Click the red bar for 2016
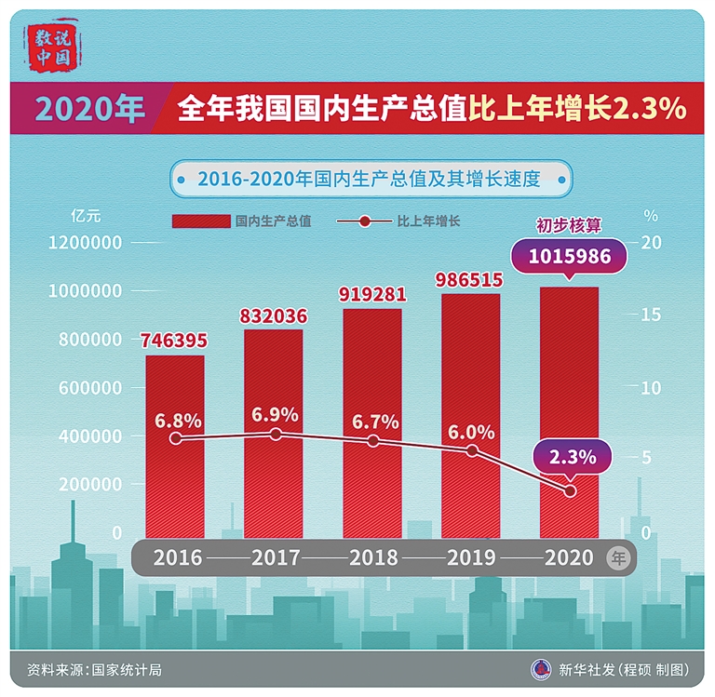[175, 447]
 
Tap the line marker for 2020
[571, 490]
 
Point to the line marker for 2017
[275, 434]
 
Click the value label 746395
[174, 341]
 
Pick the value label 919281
[372, 294]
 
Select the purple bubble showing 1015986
[571, 256]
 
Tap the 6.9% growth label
[275, 414]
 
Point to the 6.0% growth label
[471, 431]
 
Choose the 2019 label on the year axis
[471, 557]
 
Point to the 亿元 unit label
[85, 215]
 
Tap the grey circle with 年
[617, 557]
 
